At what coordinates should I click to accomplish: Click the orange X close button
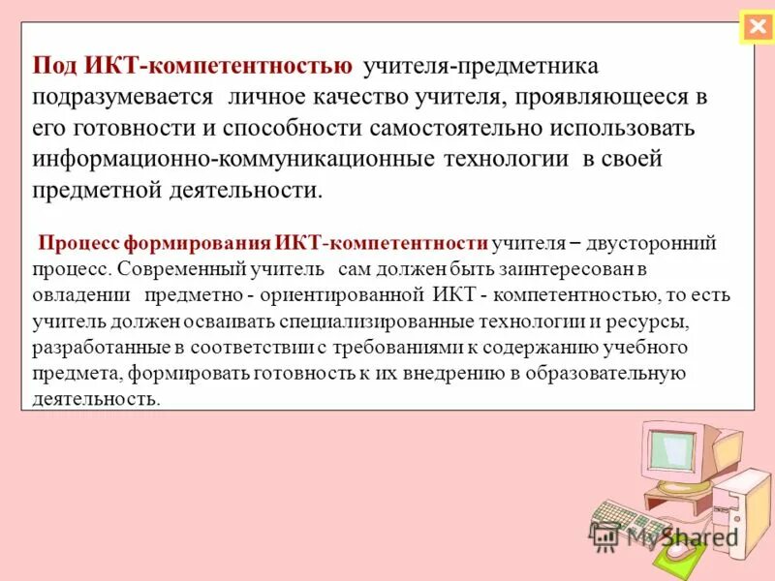[x=756, y=27]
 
